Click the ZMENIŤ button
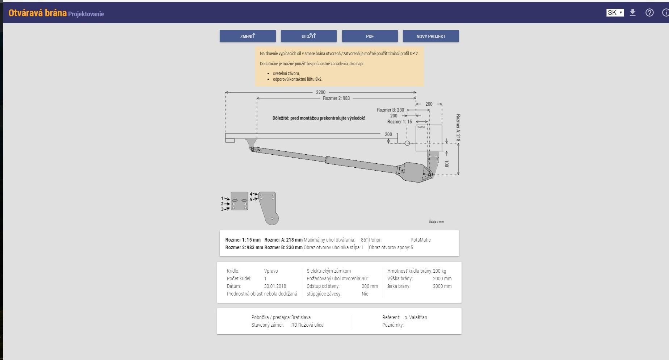248,36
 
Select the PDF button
370,36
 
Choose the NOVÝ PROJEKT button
431,36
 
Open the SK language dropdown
615,13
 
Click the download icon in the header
632,13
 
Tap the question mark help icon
649,13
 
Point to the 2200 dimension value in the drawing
320,92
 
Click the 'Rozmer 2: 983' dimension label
336,98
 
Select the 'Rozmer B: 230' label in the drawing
390,110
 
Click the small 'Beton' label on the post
421,127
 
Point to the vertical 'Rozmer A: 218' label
458,127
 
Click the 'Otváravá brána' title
38,13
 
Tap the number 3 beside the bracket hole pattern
222,209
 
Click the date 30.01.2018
275,286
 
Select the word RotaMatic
421,240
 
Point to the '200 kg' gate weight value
439,271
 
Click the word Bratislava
301,317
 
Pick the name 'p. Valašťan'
416,317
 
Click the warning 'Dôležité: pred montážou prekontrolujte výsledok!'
319,118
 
